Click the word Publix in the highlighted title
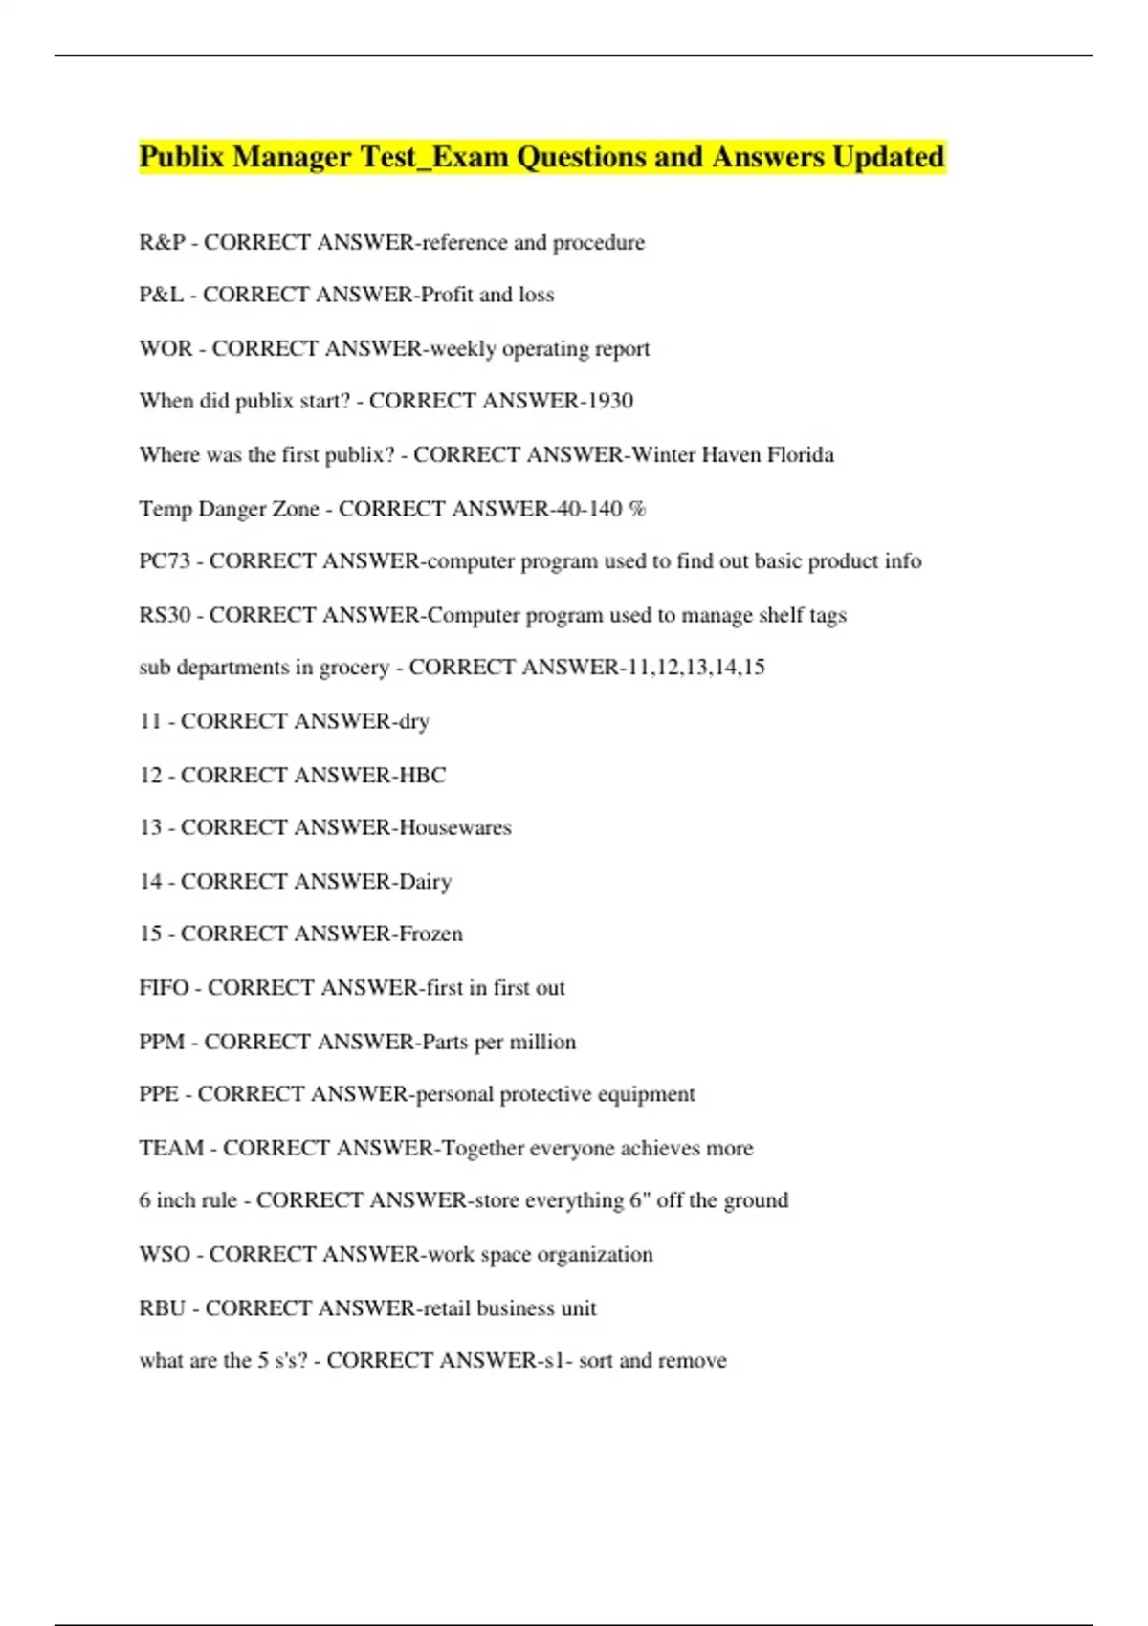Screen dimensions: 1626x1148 [x=181, y=156]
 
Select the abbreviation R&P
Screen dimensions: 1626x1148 [x=162, y=242]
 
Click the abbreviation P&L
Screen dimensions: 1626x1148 [x=161, y=295]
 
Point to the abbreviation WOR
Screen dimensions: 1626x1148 [x=166, y=348]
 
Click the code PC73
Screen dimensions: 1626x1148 [x=165, y=561]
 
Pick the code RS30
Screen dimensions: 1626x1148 [x=165, y=615]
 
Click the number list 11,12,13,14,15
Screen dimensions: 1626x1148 [x=695, y=667]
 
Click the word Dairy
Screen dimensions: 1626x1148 [x=425, y=881]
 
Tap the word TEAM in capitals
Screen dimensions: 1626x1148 [x=171, y=1148]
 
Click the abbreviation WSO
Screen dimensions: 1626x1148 [x=165, y=1254]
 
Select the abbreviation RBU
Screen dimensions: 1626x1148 [x=163, y=1307]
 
